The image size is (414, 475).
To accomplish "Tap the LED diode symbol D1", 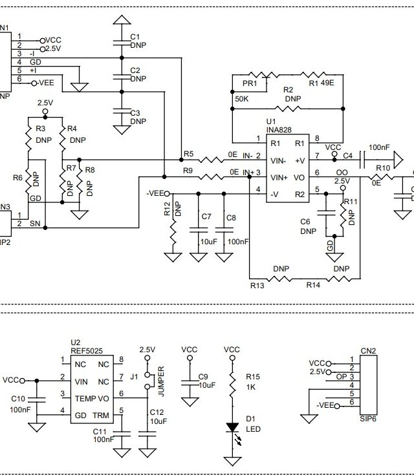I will [x=232, y=428].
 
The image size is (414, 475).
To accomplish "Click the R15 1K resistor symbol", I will [x=232, y=386].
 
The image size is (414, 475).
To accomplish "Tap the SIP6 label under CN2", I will [x=368, y=418].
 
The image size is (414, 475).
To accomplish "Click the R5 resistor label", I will [x=188, y=153].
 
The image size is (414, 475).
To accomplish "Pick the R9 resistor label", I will [x=188, y=171].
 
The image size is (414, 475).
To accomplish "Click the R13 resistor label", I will [x=257, y=284].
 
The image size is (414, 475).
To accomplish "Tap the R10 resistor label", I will [x=384, y=168].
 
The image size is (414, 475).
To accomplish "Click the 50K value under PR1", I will [x=241, y=98].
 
